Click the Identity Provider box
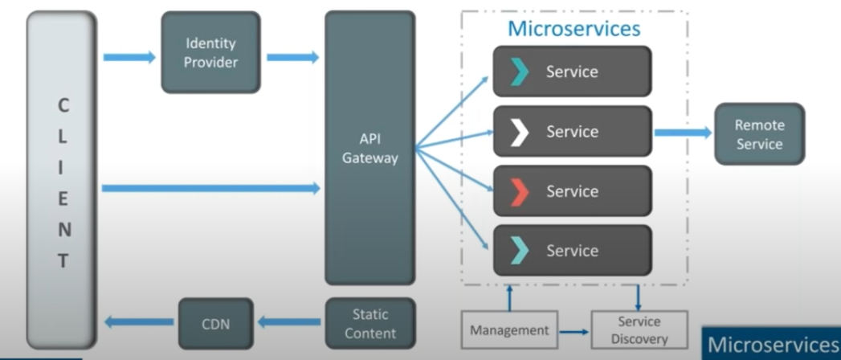pos(211,51)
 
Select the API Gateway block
pos(369,148)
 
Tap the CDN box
pos(215,323)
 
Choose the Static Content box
pos(369,323)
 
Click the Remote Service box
pos(758,134)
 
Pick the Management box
pos(509,329)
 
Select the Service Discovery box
pos(639,329)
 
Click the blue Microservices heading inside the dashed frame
pos(574,29)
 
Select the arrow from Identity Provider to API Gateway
pos(292,57)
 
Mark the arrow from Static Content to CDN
pos(290,323)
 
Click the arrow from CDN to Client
pos(140,323)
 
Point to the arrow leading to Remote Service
pos(683,133)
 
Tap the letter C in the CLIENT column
pos(63,105)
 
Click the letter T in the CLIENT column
pos(63,261)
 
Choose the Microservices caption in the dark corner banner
pos(772,344)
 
